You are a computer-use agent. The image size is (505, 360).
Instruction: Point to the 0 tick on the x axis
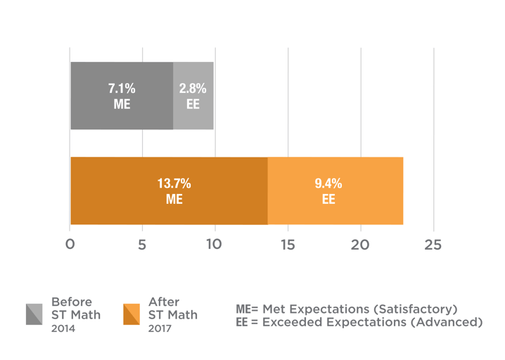click(70, 245)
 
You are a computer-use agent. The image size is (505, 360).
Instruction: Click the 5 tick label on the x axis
click(142, 245)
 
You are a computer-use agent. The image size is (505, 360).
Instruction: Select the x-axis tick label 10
click(214, 245)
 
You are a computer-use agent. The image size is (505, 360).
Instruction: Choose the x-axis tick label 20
click(360, 245)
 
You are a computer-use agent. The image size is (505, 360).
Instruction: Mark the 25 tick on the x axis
click(433, 245)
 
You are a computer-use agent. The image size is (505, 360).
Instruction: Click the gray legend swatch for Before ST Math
click(34, 314)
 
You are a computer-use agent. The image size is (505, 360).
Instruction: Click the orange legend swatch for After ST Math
click(131, 314)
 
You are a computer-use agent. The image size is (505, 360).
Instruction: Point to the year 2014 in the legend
click(63, 328)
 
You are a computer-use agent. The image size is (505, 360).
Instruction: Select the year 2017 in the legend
click(160, 328)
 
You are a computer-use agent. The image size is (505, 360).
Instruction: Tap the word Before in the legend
click(71, 302)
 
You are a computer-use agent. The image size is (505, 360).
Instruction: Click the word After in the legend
click(163, 302)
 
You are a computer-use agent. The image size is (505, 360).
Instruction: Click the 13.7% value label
click(174, 184)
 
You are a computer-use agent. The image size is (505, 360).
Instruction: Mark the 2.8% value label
click(193, 89)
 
